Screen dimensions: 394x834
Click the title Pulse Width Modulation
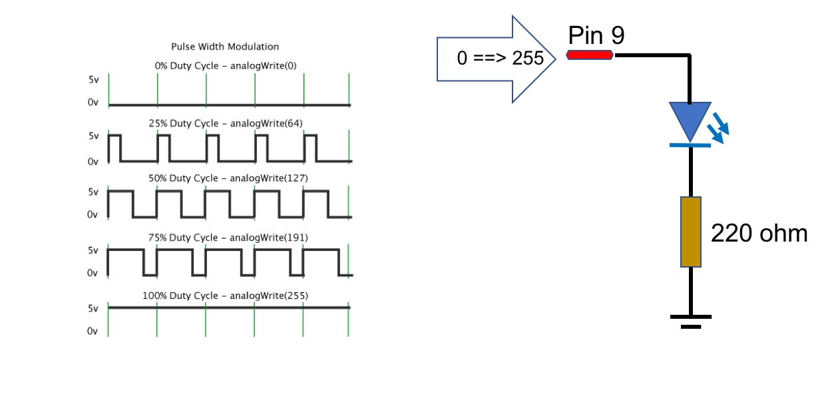[225, 47]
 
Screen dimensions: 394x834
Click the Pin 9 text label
[596, 35]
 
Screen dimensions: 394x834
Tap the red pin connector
[590, 55]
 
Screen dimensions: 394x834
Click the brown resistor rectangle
[691, 232]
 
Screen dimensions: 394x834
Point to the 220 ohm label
[759, 234]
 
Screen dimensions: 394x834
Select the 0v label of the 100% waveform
[93, 331]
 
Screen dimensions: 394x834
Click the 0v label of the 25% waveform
[93, 162]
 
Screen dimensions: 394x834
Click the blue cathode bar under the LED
[690, 144]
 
